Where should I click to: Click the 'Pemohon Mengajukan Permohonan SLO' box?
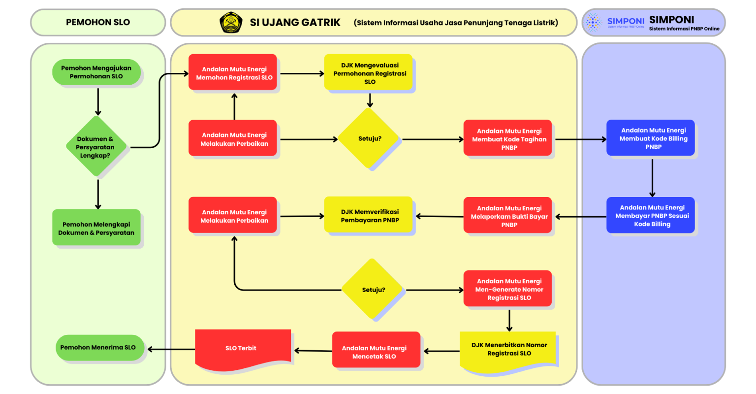[x=96, y=72]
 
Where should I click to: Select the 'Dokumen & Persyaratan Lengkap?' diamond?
[x=95, y=147]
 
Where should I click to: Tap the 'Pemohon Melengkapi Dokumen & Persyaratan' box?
[x=96, y=228]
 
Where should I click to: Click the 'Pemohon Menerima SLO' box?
[x=98, y=347]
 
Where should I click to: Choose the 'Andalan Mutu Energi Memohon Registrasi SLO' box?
[x=234, y=73]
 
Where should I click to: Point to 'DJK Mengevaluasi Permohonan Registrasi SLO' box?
[x=370, y=73]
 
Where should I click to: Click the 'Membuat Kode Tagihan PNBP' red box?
[x=509, y=139]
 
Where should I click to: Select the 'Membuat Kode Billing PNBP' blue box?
[x=653, y=139]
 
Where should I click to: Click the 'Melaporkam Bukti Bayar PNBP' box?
[x=509, y=216]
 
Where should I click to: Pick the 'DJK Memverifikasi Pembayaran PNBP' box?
[x=370, y=216]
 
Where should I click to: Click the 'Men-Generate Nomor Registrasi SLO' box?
[x=509, y=289]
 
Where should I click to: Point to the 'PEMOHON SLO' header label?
[x=98, y=22]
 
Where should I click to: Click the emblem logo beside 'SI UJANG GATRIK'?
[x=230, y=23]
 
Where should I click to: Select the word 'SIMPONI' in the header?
[x=671, y=20]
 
